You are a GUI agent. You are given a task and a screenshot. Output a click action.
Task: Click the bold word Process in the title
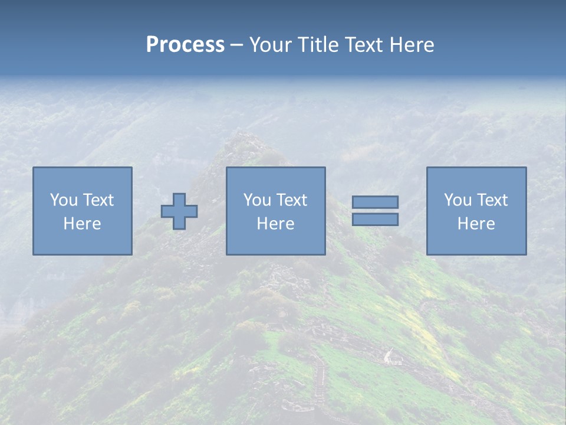click(185, 45)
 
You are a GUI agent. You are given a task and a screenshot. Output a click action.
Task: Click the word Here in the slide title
click(413, 45)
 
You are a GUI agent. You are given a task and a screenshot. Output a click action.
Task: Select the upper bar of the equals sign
click(375, 202)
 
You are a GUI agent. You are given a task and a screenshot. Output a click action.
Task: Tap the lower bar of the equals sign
click(375, 220)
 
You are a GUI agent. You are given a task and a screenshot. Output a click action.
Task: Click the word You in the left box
click(64, 200)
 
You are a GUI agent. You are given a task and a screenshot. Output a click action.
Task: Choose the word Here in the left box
click(82, 224)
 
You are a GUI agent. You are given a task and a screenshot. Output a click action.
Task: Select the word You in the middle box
click(257, 200)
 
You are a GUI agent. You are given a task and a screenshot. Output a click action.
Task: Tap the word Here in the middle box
click(275, 224)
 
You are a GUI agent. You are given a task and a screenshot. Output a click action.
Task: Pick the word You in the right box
click(458, 200)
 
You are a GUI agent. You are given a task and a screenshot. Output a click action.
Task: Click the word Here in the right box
click(476, 224)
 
